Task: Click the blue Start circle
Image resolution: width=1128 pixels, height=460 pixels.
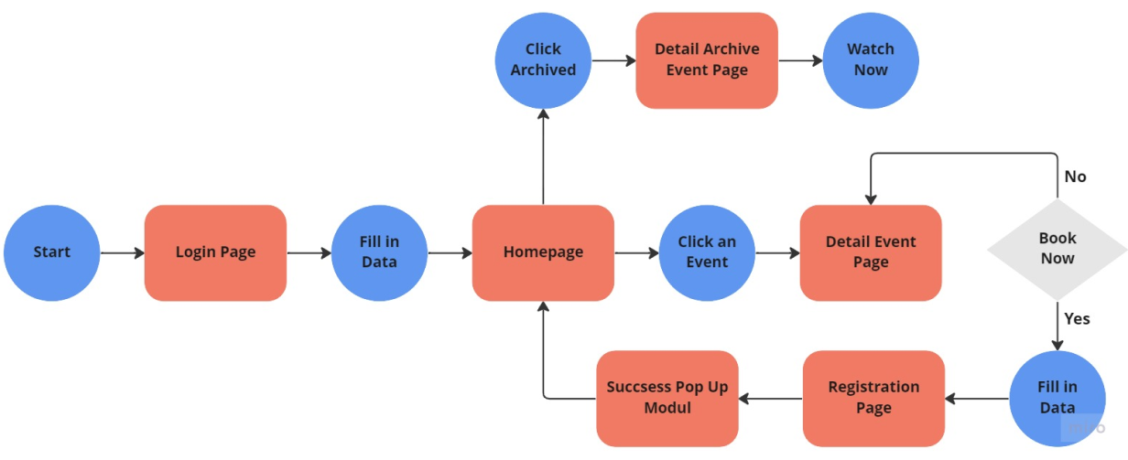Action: pyautogui.click(x=51, y=252)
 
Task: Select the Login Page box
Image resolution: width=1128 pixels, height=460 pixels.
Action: pyautogui.click(x=215, y=252)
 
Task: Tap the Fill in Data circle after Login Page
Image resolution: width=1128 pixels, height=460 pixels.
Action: pyautogui.click(x=379, y=252)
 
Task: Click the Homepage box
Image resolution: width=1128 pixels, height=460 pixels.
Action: pyautogui.click(x=543, y=252)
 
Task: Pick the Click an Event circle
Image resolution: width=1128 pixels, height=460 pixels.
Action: pyautogui.click(x=707, y=252)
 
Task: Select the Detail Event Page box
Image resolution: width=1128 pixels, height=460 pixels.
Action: pyautogui.click(x=871, y=252)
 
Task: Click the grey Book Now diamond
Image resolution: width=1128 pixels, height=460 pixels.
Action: pyautogui.click(x=1057, y=249)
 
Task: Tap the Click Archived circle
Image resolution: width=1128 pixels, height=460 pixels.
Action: pyautogui.click(x=543, y=60)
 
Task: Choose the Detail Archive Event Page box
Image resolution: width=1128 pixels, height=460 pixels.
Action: pyautogui.click(x=707, y=60)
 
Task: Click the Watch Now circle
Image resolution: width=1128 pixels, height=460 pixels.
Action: pyautogui.click(x=870, y=60)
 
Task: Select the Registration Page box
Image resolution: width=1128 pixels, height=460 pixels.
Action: pyautogui.click(x=873, y=398)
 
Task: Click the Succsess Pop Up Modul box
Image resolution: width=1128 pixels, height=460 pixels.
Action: pyautogui.click(x=667, y=398)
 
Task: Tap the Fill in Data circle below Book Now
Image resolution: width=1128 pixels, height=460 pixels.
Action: pyautogui.click(x=1057, y=398)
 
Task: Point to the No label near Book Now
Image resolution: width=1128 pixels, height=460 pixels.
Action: pyautogui.click(x=1075, y=177)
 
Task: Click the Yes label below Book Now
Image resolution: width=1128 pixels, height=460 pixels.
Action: pyautogui.click(x=1077, y=318)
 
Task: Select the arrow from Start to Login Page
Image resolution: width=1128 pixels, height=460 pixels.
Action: pyautogui.click(x=122, y=252)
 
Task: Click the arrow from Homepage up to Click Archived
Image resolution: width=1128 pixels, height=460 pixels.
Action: pyautogui.click(x=543, y=155)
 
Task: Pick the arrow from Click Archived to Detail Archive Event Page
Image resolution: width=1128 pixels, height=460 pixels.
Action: pyautogui.click(x=613, y=60)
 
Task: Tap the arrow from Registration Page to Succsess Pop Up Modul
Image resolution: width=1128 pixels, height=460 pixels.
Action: pyautogui.click(x=771, y=398)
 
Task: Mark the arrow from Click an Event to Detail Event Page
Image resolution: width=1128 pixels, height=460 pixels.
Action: pyautogui.click(x=777, y=252)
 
